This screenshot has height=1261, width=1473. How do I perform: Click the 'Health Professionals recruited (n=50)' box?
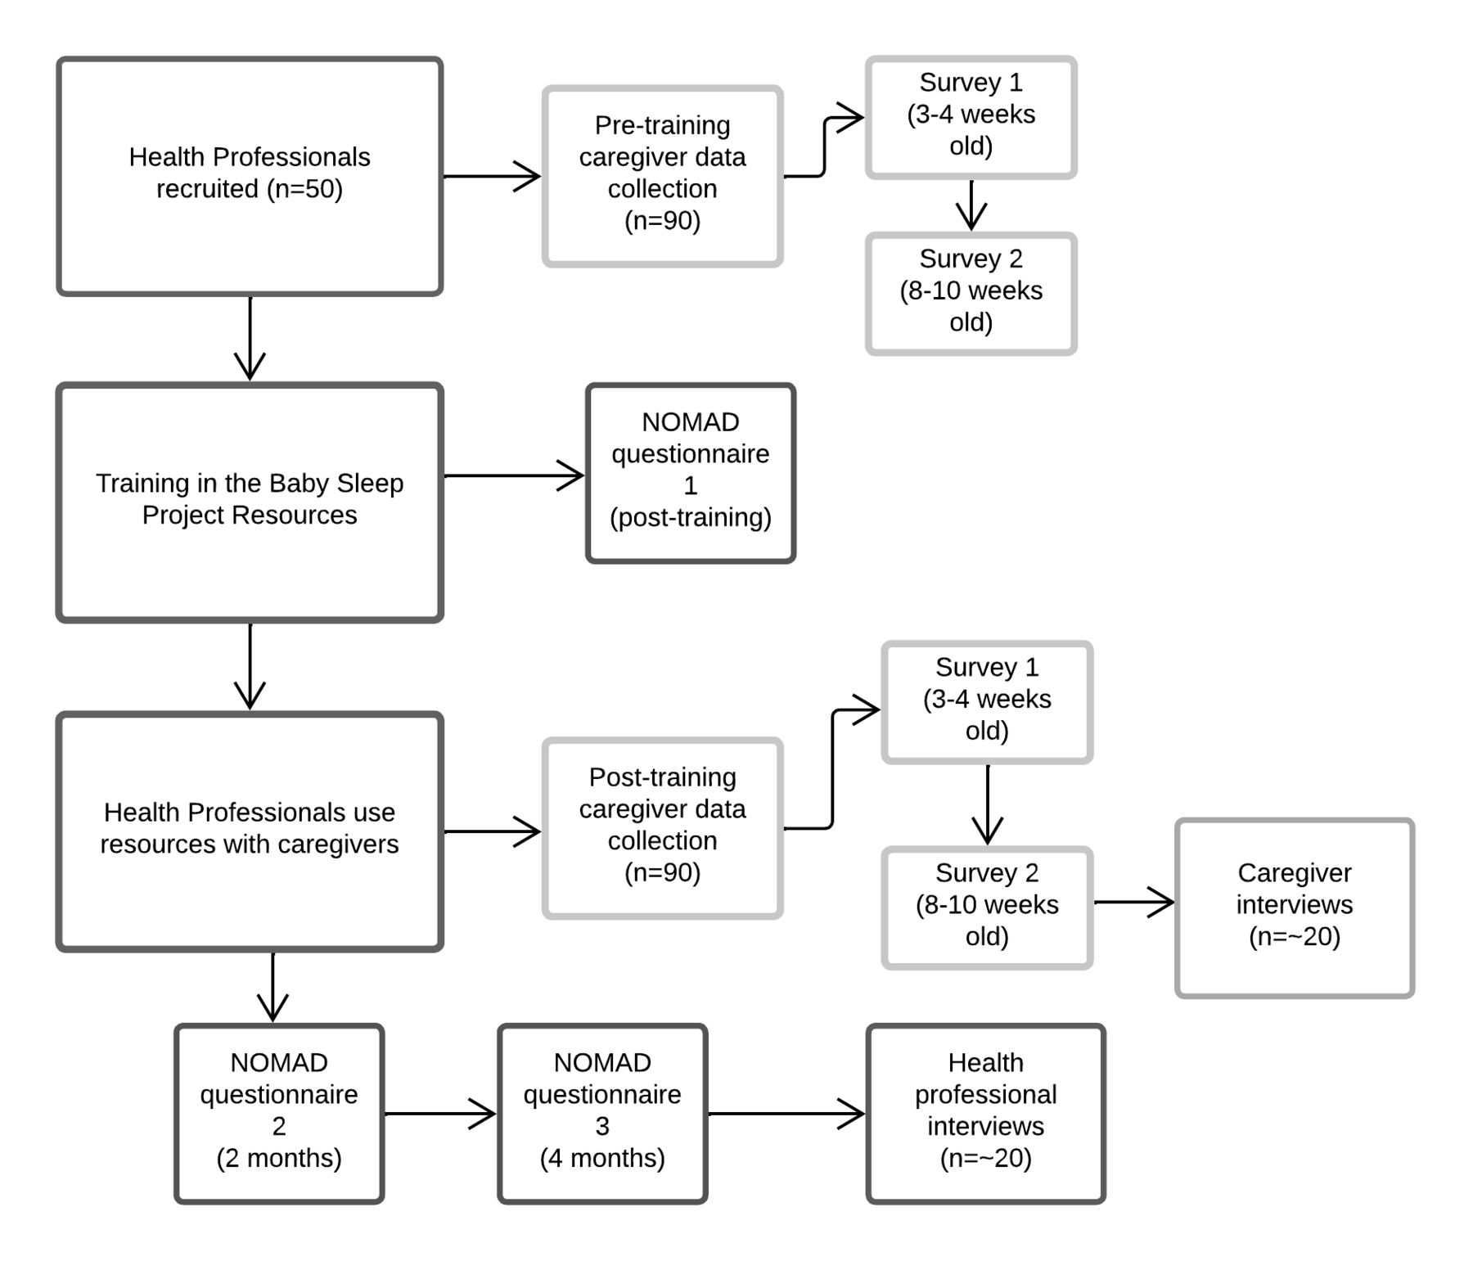click(250, 176)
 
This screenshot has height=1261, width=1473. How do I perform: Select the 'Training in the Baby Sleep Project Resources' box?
click(250, 502)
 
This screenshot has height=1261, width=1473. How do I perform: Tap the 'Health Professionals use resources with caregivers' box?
click(250, 831)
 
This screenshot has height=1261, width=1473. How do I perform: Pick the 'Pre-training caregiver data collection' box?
click(662, 176)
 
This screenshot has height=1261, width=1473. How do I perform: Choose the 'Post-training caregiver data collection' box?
click(662, 828)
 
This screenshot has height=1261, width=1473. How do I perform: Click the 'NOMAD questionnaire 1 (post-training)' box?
click(691, 473)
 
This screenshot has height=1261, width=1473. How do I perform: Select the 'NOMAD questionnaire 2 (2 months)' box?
click(279, 1114)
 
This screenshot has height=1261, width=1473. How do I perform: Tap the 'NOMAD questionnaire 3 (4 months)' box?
click(602, 1114)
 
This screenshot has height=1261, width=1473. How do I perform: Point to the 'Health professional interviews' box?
click(985, 1114)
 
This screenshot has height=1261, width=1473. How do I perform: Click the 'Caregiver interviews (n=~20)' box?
click(1295, 907)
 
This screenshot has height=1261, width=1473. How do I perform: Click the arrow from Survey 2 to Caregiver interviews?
click(1134, 902)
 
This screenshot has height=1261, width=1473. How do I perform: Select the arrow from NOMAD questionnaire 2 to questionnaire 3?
click(440, 1114)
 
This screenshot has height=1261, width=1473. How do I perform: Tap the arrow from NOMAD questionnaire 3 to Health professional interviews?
click(786, 1114)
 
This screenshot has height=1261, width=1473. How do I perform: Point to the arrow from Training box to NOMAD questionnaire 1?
click(515, 475)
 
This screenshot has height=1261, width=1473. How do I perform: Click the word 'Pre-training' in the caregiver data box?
click(662, 125)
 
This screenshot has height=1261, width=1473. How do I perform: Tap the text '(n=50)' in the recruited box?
click(304, 189)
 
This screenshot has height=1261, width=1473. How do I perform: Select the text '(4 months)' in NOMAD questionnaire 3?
click(602, 1158)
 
